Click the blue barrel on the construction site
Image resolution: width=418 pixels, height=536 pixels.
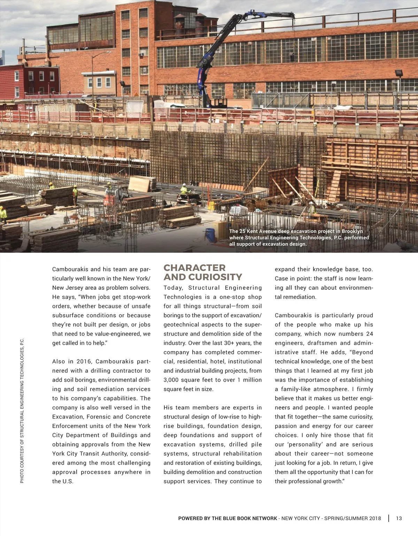pyautogui.click(x=210, y=235)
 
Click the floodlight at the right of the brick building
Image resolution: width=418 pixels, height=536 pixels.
pyautogui.click(x=399, y=73)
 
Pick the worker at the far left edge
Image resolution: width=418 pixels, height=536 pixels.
pyautogui.click(x=3, y=214)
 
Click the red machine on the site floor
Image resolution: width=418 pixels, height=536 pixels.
pyautogui.click(x=109, y=200)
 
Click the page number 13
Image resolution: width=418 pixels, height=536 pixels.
pyautogui.click(x=399, y=518)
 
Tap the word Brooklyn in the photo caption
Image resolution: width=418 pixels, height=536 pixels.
pyautogui.click(x=352, y=231)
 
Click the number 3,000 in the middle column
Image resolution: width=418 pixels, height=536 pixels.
pyautogui.click(x=172, y=380)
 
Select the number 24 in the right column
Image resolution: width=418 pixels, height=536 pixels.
pyautogui.click(x=369, y=334)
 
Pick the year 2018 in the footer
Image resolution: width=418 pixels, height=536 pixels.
pyautogui.click(x=374, y=518)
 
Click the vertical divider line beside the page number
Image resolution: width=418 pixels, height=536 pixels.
pyautogui.click(x=389, y=518)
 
